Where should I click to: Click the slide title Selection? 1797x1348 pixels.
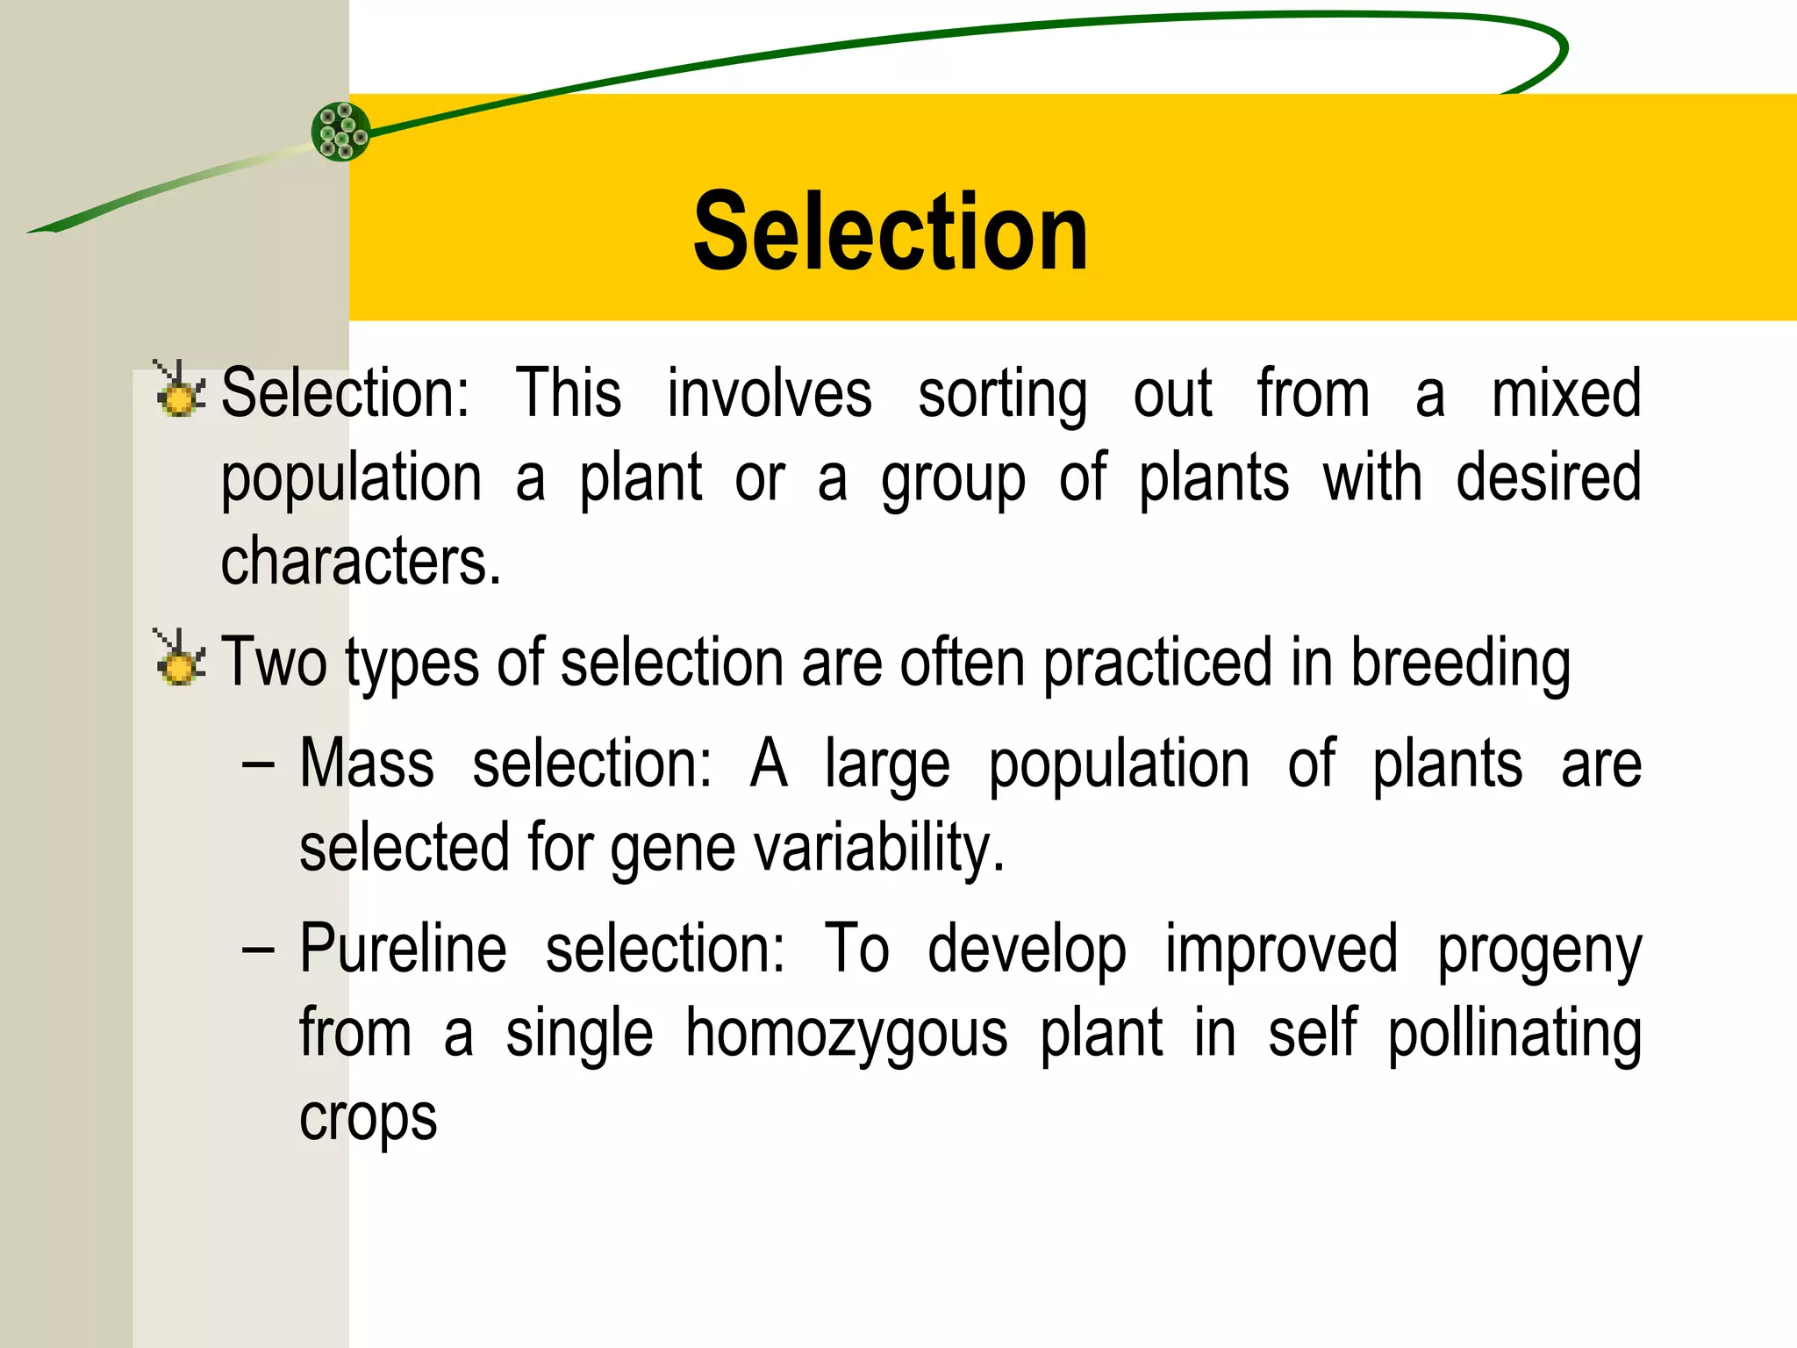[890, 233]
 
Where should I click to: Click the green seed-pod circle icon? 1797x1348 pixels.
[341, 132]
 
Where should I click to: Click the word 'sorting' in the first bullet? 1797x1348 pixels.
[1003, 395]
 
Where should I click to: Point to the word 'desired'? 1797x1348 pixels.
[1549, 477]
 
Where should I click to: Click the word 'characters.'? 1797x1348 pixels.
[361, 561]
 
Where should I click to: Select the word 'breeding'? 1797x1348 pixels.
[1460, 663]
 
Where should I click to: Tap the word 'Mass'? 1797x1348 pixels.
[367, 764]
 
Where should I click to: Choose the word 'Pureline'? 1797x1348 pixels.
[404, 949]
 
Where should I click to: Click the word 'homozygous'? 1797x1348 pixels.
[847, 1035]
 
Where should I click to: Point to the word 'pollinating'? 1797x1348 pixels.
[1514, 1035]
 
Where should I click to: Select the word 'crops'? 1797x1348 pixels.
[369, 1119]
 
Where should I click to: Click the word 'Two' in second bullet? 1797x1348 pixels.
[273, 662]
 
